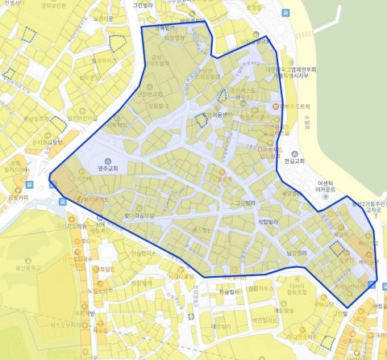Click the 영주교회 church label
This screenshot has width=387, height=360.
107,169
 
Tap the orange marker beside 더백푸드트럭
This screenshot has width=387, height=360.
277,107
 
